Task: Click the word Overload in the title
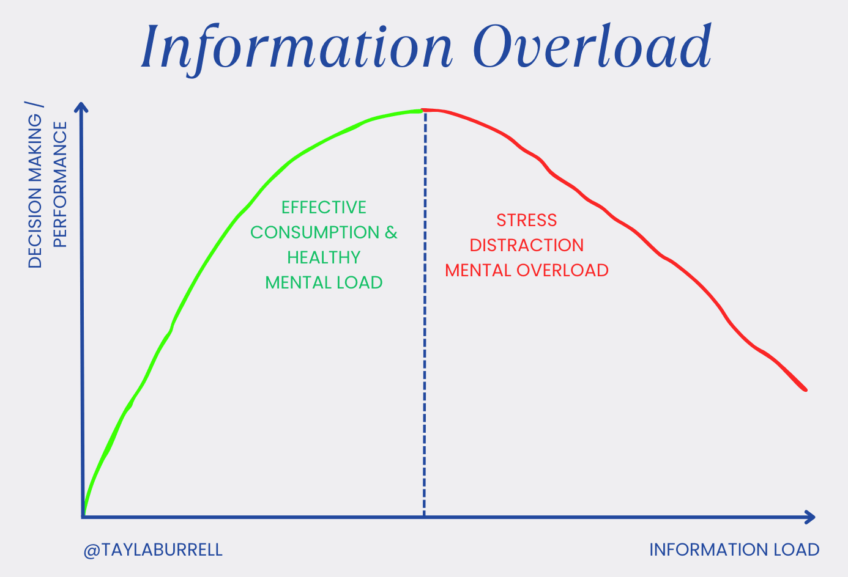(592, 46)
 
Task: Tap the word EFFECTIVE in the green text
(324, 207)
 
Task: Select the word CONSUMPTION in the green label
(314, 232)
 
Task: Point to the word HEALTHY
(324, 257)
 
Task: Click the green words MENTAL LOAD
(324, 283)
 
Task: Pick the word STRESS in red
(527, 220)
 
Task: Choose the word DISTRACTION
(527, 245)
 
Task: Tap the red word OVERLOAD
(562, 270)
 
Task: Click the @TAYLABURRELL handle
(153, 549)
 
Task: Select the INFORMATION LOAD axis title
(734, 549)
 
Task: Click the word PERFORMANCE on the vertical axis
(60, 185)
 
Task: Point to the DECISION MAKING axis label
(35, 191)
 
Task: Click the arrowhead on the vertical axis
(81, 106)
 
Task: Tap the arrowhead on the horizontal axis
(809, 517)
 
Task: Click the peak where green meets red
(422, 111)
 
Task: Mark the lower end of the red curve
(806, 389)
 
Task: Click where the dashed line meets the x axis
(424, 517)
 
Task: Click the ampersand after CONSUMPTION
(391, 232)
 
